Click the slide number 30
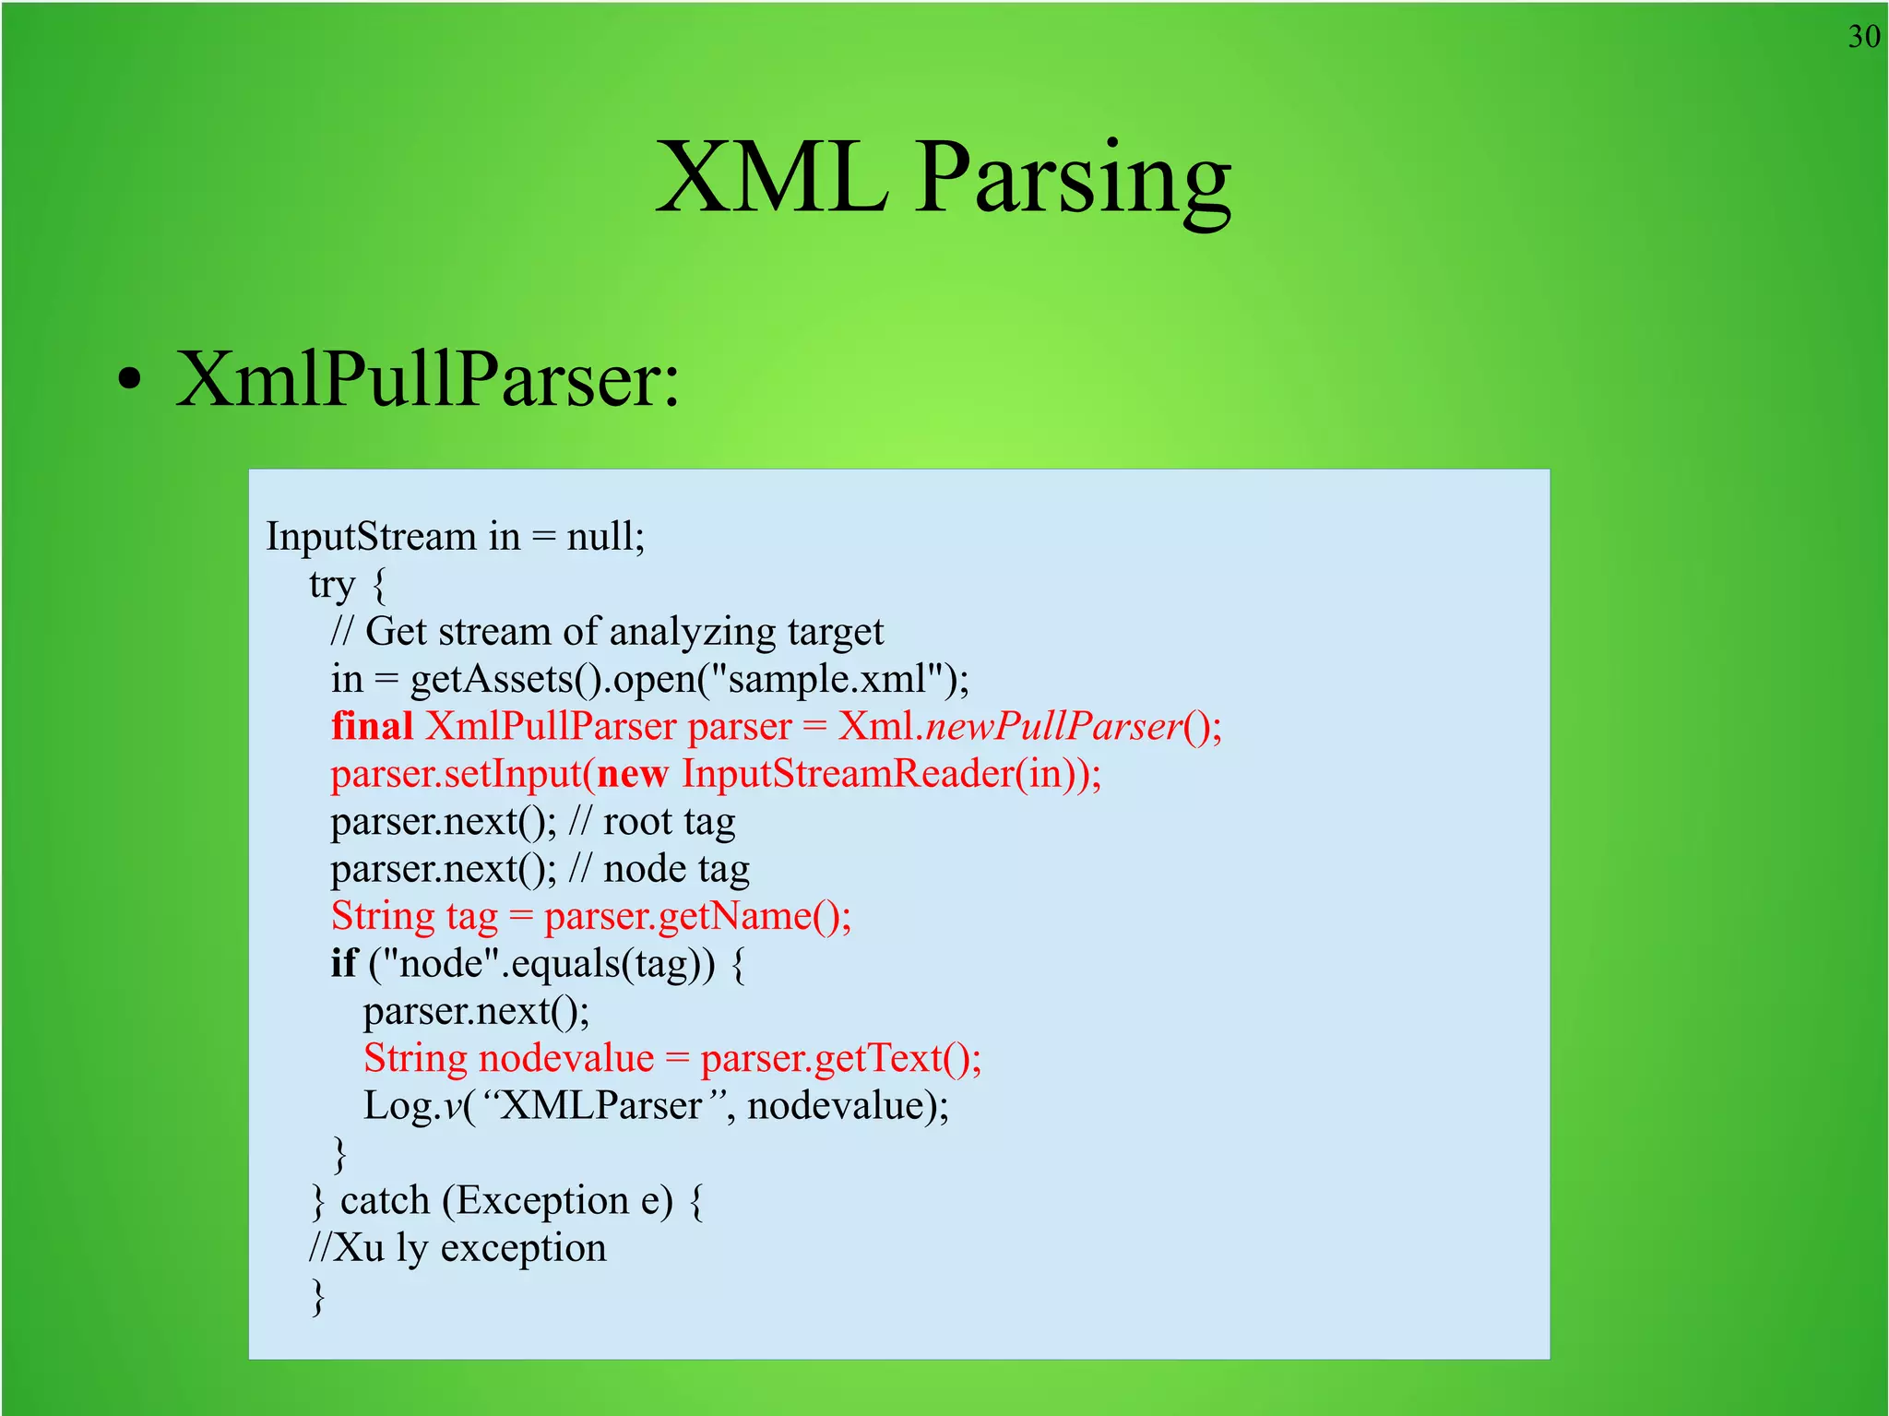pyautogui.click(x=1863, y=37)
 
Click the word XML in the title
pyautogui.click(x=771, y=177)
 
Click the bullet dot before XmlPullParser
pyautogui.click(x=130, y=379)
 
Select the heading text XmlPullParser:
pyautogui.click(x=427, y=379)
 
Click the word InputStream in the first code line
pyautogui.click(x=371, y=536)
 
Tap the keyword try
pyautogui.click(x=332, y=585)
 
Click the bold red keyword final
pyautogui.click(x=372, y=726)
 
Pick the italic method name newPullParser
pyautogui.click(x=1053, y=726)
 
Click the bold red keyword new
pyautogui.click(x=632, y=773)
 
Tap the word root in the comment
pyautogui.click(x=637, y=821)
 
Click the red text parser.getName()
pyautogui.click(x=696, y=916)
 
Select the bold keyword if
pyautogui.click(x=343, y=963)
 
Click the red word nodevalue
pyautogui.click(x=566, y=1058)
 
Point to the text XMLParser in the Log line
pyautogui.click(x=600, y=1105)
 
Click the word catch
pyautogui.click(x=385, y=1200)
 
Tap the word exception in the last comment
pyautogui.click(x=523, y=1248)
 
